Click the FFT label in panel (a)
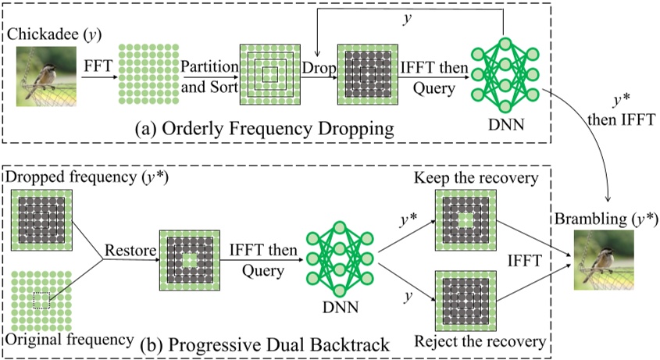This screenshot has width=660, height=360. click(94, 68)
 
